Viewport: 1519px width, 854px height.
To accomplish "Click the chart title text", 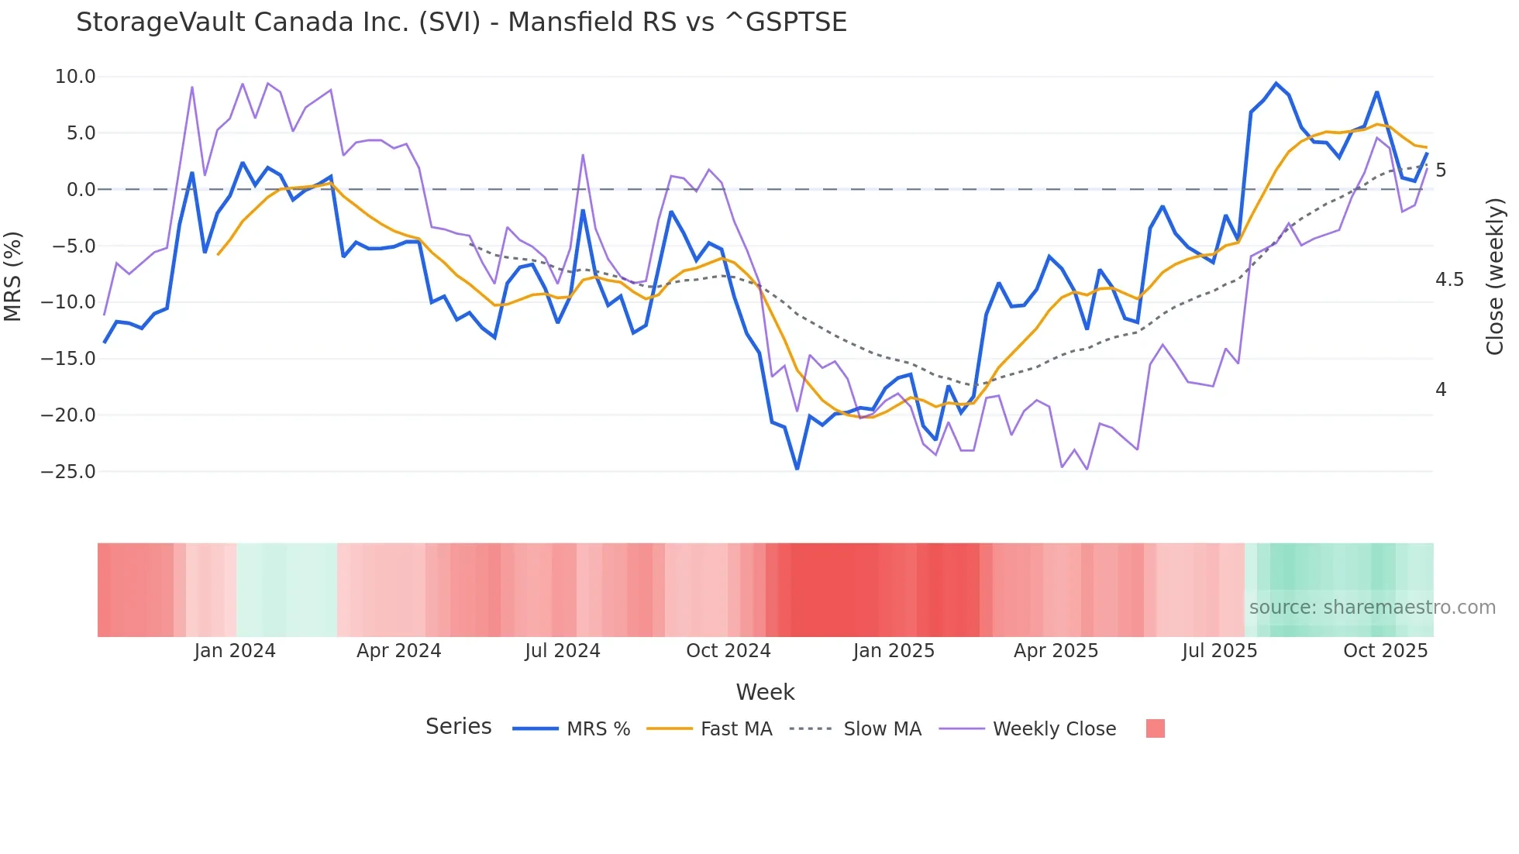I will pyautogui.click(x=461, y=22).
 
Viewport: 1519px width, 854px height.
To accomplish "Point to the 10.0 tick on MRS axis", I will pyautogui.click(x=75, y=77).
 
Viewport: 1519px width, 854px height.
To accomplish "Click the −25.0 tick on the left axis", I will pyautogui.click(x=68, y=471).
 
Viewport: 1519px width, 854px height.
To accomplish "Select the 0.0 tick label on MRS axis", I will pyautogui.click(x=81, y=190).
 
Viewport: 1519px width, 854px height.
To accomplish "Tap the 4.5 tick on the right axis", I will pyautogui.click(x=1449, y=280).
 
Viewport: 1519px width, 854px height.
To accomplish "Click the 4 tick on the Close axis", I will pyautogui.click(x=1441, y=390).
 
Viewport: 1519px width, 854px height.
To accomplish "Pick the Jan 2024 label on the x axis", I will pyautogui.click(x=235, y=651).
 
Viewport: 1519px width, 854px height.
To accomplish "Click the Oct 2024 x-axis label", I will pyautogui.click(x=728, y=651).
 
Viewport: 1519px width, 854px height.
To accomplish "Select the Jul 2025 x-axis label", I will pyautogui.click(x=1219, y=651).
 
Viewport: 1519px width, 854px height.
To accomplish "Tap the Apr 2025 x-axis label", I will pyautogui.click(x=1056, y=651).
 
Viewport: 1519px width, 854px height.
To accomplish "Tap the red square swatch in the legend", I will pyautogui.click(x=1155, y=728).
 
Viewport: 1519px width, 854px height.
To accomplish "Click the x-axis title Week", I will pyautogui.click(x=765, y=692).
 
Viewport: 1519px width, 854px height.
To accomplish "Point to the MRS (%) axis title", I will pyautogui.click(x=13, y=276).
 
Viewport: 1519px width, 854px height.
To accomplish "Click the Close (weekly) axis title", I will pyautogui.click(x=1495, y=276).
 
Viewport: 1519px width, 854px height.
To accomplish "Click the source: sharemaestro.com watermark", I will pyautogui.click(x=1372, y=608).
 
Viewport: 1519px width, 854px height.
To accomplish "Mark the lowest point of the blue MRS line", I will pyautogui.click(x=797, y=469).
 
